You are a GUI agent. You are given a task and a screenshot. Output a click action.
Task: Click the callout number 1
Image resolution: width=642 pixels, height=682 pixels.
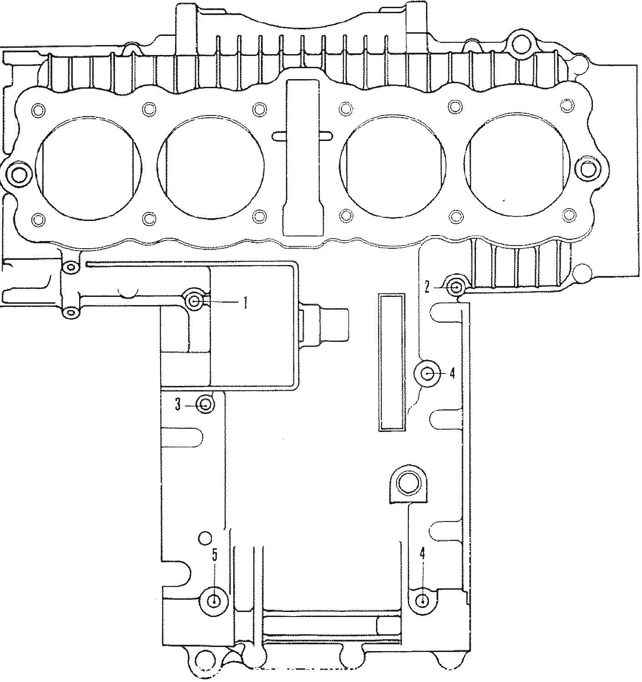(x=245, y=302)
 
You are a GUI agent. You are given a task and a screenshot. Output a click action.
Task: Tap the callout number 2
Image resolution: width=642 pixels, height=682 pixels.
(x=427, y=286)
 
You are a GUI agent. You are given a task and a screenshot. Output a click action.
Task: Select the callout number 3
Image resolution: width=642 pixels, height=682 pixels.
(x=178, y=405)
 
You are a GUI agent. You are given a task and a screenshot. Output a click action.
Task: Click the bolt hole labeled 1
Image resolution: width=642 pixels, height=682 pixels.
(x=195, y=301)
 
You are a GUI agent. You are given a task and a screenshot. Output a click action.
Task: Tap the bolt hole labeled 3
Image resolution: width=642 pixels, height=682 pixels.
(x=206, y=405)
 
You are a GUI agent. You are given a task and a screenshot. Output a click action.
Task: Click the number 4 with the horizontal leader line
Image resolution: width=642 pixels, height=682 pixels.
(x=452, y=373)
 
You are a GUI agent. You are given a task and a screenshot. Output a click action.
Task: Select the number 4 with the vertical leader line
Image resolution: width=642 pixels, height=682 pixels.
(x=422, y=553)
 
